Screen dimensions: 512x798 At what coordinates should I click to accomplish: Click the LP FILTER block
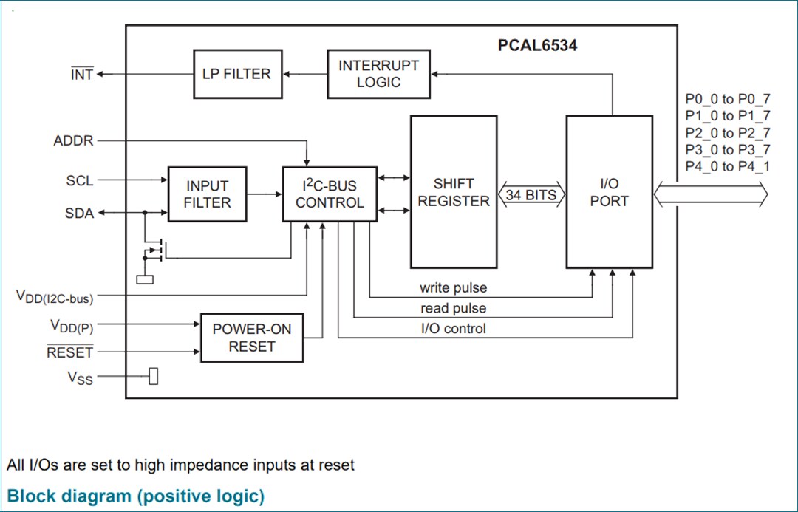(237, 74)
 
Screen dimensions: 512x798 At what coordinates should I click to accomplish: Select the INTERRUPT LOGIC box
(378, 74)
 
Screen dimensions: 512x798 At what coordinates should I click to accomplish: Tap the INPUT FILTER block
(207, 194)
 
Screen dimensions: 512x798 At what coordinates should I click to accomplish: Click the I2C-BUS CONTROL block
(330, 194)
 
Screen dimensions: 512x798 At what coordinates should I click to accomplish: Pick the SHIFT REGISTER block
(453, 192)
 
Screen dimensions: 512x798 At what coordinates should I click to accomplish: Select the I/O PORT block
(609, 192)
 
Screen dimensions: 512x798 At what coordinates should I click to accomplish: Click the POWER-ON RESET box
(252, 338)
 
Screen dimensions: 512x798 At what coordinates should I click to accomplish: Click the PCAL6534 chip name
(537, 46)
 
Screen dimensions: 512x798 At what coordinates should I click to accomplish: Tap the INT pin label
(82, 75)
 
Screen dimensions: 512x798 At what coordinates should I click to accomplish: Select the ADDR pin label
(74, 140)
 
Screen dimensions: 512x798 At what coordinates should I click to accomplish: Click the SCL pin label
(80, 180)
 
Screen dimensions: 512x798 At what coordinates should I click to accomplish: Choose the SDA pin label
(80, 214)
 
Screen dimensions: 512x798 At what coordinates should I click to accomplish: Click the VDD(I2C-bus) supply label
(55, 297)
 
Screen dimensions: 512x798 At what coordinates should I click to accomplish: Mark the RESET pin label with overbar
(70, 353)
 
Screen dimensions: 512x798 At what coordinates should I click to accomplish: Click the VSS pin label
(81, 378)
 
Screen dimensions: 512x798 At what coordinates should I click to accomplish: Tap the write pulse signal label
(453, 287)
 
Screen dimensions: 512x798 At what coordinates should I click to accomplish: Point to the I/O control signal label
(453, 329)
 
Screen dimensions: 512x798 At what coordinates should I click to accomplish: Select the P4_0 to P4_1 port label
(727, 166)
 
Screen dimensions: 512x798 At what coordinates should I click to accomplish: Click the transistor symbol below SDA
(156, 250)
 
